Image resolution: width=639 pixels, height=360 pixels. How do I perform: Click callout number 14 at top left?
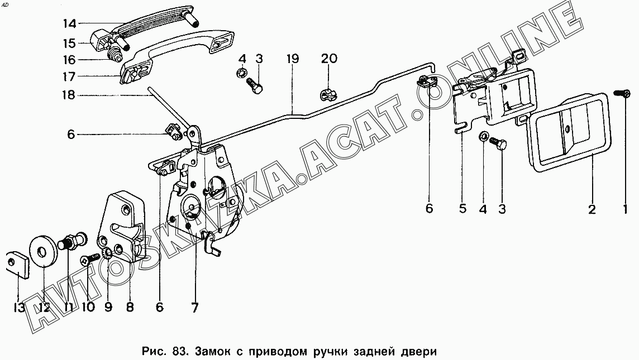point(70,23)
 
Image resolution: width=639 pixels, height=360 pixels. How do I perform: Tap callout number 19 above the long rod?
point(292,59)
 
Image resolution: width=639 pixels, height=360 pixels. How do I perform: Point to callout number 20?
point(329,59)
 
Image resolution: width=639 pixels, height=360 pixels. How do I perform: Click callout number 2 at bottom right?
point(592,209)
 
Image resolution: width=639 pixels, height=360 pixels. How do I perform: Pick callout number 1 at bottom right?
point(624,209)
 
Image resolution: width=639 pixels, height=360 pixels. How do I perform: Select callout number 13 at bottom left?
point(19,308)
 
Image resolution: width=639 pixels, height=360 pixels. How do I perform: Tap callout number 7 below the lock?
point(195,308)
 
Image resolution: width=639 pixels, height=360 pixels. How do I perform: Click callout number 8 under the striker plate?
point(130,306)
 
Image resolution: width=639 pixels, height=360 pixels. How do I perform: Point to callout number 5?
point(462,209)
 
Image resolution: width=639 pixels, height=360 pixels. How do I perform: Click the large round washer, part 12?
point(42,252)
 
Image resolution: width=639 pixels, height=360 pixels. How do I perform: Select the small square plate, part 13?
point(18,264)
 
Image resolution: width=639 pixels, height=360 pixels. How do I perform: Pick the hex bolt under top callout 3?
point(254,85)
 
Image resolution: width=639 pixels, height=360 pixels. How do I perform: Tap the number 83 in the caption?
point(180,351)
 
